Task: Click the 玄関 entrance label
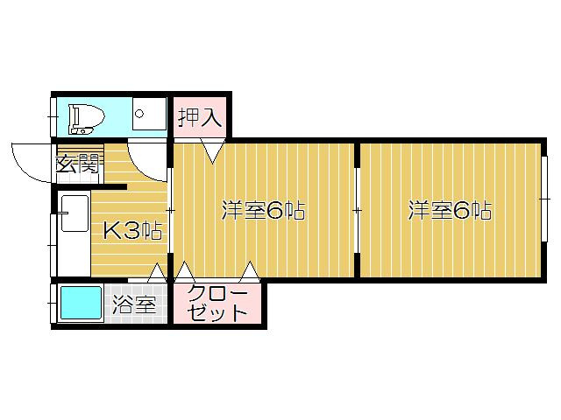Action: point(77,164)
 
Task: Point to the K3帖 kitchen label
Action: point(132,231)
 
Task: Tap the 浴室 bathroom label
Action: point(134,305)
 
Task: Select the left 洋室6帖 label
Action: point(262,211)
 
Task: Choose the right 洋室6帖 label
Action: point(449,211)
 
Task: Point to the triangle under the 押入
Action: point(211,151)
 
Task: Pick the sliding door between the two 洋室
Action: point(357,210)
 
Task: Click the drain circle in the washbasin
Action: point(138,114)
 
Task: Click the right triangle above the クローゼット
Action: point(251,271)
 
